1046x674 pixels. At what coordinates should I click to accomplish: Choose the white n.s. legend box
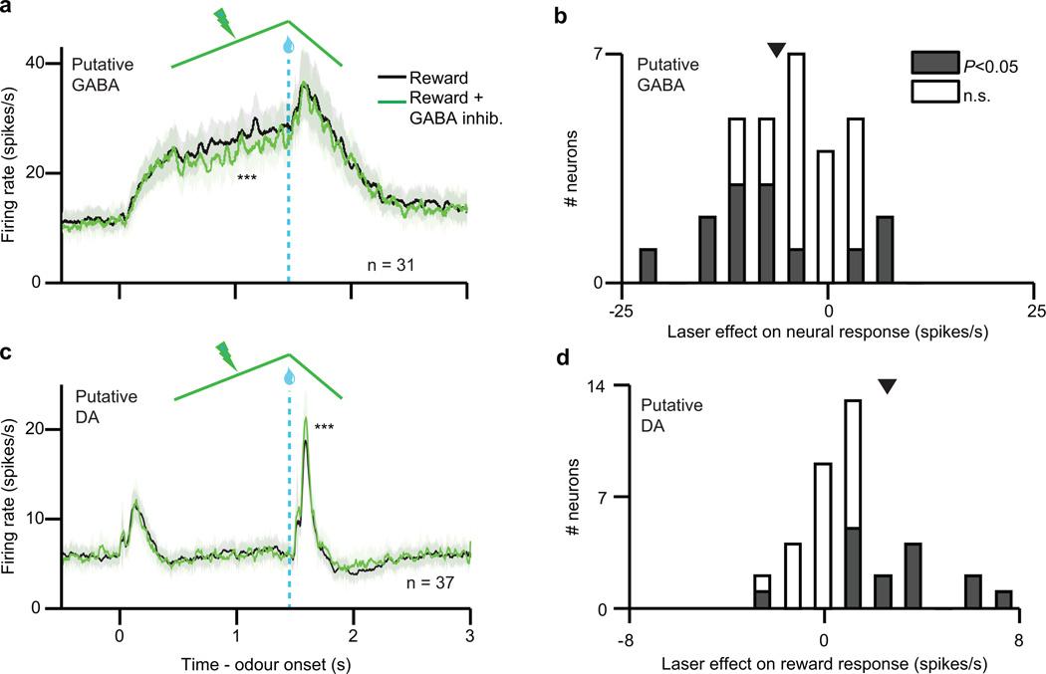click(x=933, y=91)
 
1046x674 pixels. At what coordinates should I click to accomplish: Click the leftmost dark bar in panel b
click(x=648, y=266)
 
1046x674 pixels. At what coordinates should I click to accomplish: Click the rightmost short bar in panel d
click(x=1004, y=600)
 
